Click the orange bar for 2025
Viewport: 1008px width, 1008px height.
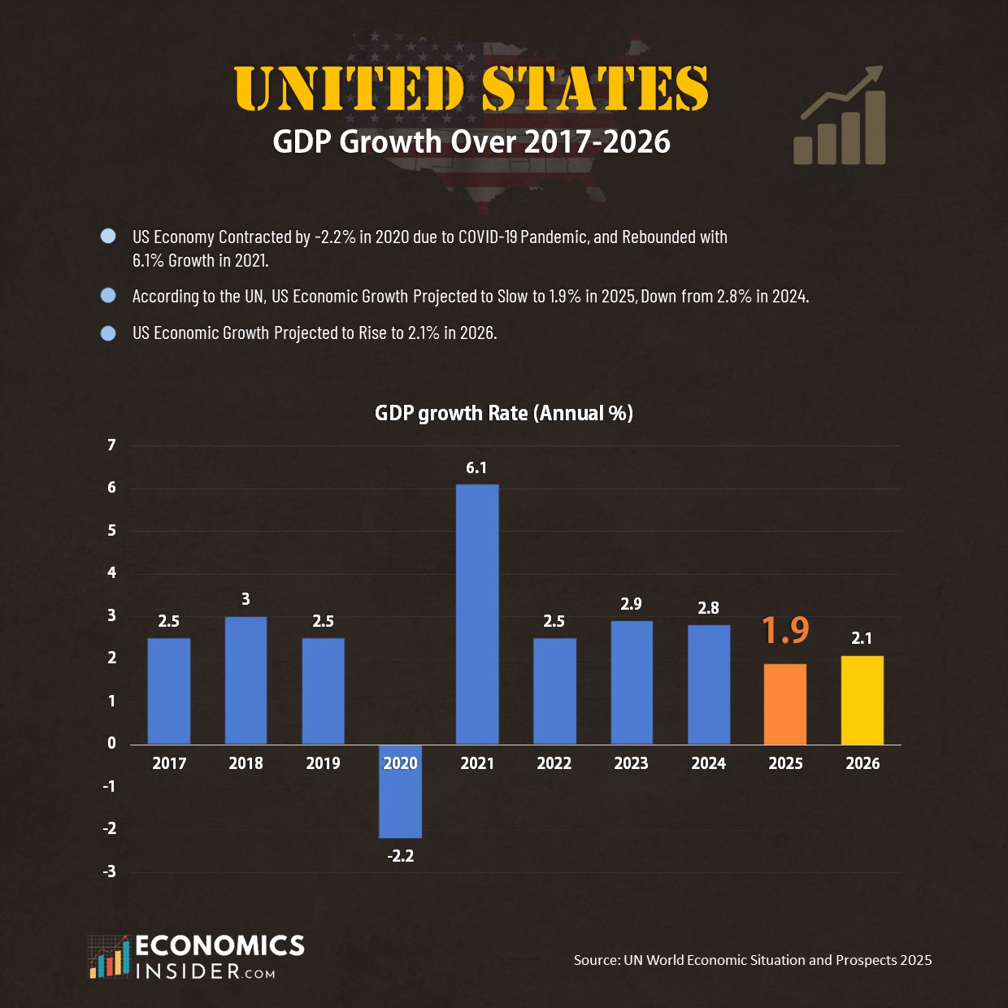coord(785,704)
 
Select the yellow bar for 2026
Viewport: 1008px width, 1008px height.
coord(862,700)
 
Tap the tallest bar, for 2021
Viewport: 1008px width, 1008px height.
coord(477,614)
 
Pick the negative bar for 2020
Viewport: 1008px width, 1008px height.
coord(400,791)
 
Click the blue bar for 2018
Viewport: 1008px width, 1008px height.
coord(245,680)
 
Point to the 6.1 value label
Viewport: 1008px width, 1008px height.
coord(476,467)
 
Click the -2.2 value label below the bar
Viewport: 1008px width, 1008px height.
coord(400,856)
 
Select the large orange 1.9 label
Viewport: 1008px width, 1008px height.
coord(785,630)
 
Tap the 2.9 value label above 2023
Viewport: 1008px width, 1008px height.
coord(631,604)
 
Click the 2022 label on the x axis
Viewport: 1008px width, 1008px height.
coord(554,763)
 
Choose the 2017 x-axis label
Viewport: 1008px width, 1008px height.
coord(169,763)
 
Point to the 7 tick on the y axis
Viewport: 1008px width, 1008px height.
coord(112,445)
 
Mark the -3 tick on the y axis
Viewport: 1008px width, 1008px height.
coord(110,871)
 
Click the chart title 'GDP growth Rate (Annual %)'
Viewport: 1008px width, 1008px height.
coord(503,413)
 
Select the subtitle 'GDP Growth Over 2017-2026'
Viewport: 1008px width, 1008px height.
coord(471,141)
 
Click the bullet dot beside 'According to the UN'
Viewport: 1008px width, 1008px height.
coord(108,295)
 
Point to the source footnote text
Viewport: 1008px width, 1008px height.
coord(753,960)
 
